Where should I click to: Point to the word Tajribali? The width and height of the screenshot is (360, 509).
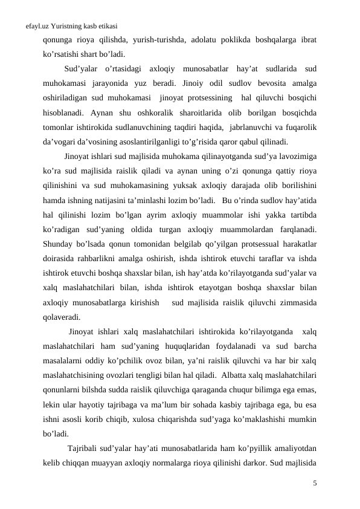click(x=86, y=448)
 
